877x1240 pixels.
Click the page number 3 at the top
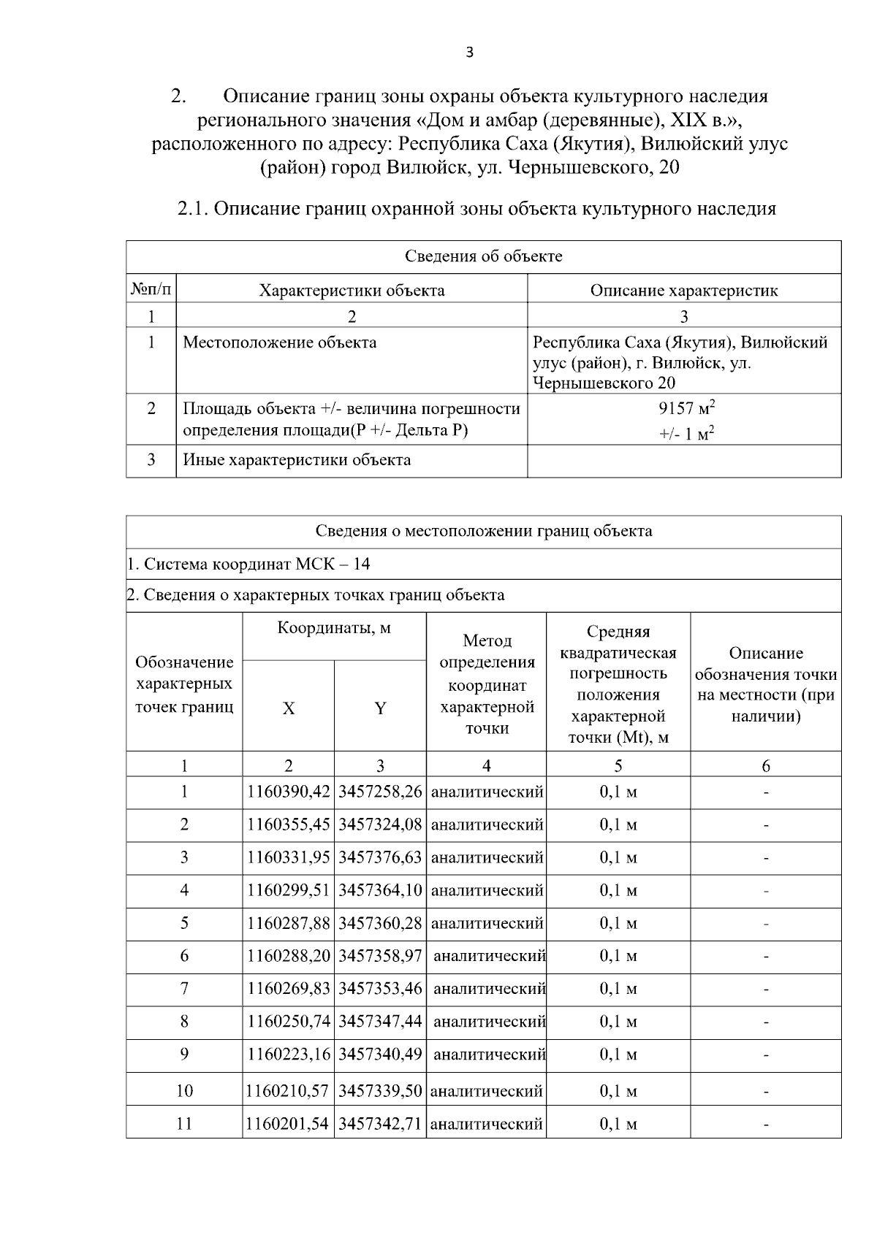[x=469, y=52]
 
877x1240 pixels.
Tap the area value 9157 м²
[x=685, y=408]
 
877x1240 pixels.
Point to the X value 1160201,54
[x=287, y=1124]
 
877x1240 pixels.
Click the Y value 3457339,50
[x=380, y=1091]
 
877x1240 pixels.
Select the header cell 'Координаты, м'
[x=334, y=628]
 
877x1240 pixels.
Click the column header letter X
[x=289, y=708]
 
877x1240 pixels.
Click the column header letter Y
[x=380, y=708]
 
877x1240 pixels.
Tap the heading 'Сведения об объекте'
[x=483, y=256]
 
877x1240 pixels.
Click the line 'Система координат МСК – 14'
[x=248, y=564]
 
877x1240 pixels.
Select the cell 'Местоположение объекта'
[x=280, y=342]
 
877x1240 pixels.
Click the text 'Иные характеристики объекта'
[x=297, y=460]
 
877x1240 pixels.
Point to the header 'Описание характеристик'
[x=683, y=291]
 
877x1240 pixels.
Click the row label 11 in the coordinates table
[x=184, y=1124]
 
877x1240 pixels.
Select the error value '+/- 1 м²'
[x=686, y=434]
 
